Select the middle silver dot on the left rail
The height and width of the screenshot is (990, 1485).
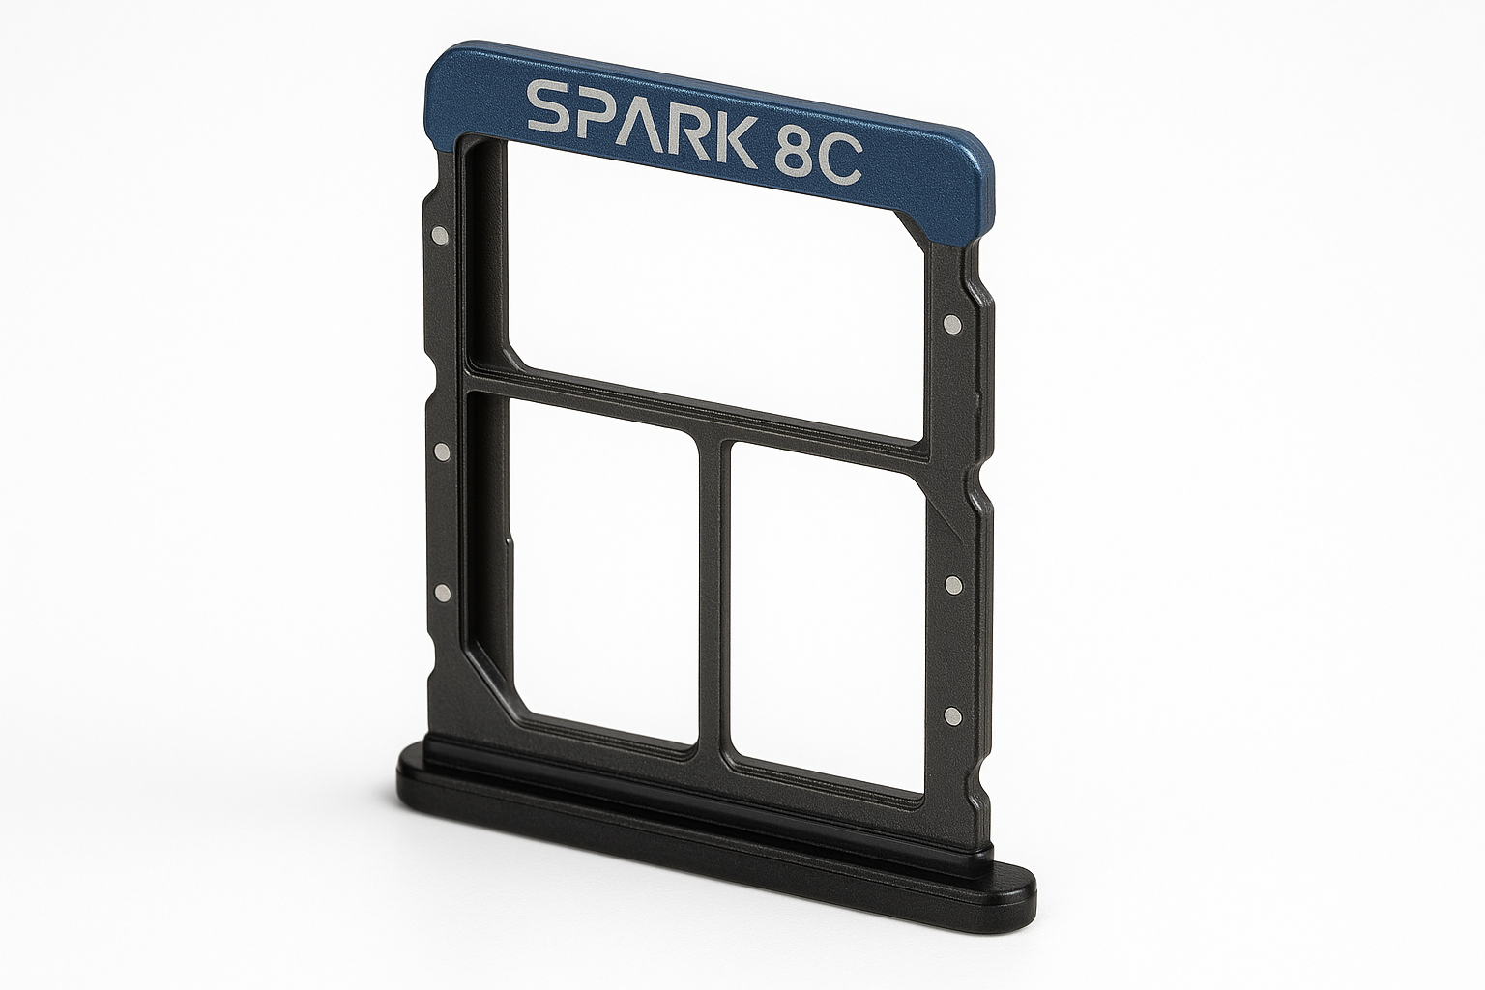coord(441,451)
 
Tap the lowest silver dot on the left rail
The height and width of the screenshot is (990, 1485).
coord(442,592)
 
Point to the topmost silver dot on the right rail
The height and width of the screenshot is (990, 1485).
coord(953,324)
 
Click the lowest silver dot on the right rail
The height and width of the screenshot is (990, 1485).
coord(952,715)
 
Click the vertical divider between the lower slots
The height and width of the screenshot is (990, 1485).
coord(713,590)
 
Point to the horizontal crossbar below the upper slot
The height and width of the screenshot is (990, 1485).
coord(696,406)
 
